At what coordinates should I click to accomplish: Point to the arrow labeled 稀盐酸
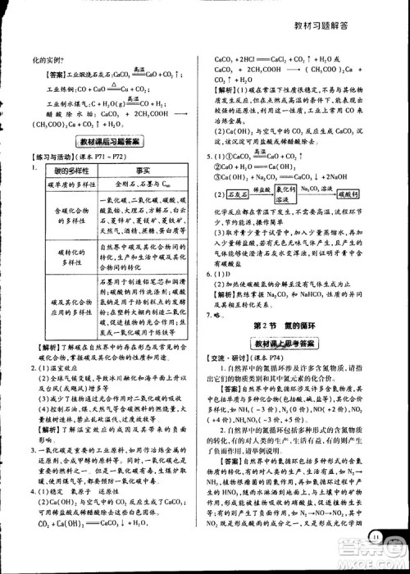point(259,189)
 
